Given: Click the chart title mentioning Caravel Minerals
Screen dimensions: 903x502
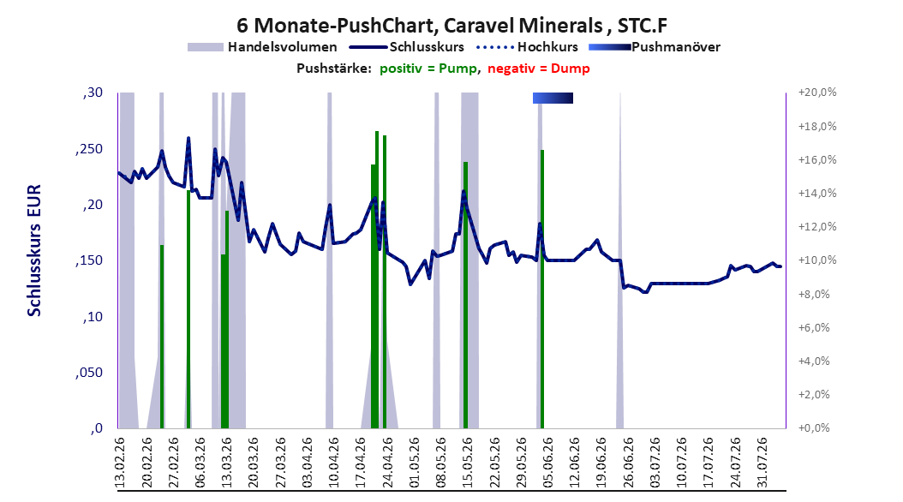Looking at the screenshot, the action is point(451,26).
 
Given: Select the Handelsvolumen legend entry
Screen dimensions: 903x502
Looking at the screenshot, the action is point(262,47).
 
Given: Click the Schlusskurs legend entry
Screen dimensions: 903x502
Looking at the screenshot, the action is point(407,47).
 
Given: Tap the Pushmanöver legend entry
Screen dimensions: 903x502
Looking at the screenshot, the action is point(655,47).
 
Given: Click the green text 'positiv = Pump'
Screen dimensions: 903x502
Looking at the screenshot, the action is point(428,69).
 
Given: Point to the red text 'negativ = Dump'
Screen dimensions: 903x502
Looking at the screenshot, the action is point(539,69).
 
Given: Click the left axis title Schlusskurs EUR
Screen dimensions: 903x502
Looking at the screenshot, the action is point(34,250).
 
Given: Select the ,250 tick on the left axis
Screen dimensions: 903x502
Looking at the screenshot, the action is point(89,149).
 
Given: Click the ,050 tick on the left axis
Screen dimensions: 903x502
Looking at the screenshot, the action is point(89,373).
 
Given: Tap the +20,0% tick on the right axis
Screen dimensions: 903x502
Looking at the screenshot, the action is point(817,93).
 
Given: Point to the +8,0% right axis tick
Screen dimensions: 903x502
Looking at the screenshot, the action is point(814,294).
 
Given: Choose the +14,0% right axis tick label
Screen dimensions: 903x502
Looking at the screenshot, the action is point(817,194).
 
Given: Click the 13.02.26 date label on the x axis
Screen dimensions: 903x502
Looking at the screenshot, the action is point(120,463).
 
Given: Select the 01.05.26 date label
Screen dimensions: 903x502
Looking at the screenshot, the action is point(415,463).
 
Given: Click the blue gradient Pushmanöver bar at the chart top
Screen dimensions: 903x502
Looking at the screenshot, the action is point(553,98).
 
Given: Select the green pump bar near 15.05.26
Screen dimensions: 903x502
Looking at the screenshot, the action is point(465,295).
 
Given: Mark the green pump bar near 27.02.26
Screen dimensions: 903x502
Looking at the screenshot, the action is point(162,336).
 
